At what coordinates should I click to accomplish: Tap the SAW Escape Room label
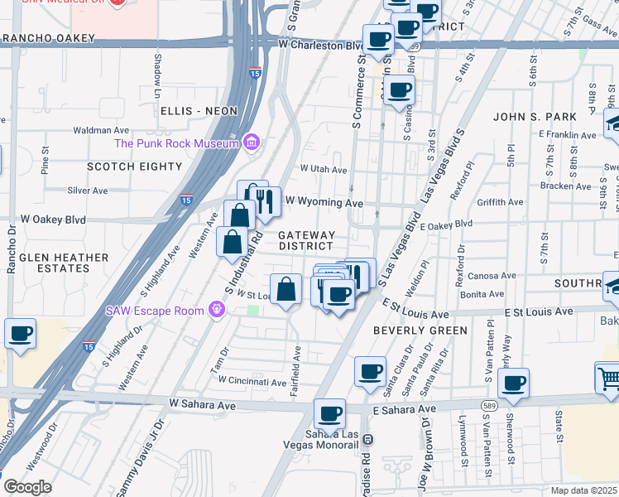pyautogui.click(x=156, y=311)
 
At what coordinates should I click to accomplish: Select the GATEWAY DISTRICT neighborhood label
pyautogui.click(x=307, y=241)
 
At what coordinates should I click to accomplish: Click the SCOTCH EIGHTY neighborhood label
pyautogui.click(x=135, y=166)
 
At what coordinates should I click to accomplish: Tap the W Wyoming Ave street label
pyautogui.click(x=324, y=201)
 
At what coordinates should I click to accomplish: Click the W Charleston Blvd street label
pyautogui.click(x=321, y=45)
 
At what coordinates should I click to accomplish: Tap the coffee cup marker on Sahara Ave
pyautogui.click(x=329, y=413)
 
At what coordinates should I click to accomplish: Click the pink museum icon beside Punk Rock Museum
pyautogui.click(x=252, y=143)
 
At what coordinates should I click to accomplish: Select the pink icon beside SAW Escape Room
pyautogui.click(x=217, y=311)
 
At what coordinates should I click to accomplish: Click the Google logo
pyautogui.click(x=27, y=487)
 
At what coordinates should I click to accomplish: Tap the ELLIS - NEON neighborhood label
pyautogui.click(x=199, y=111)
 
